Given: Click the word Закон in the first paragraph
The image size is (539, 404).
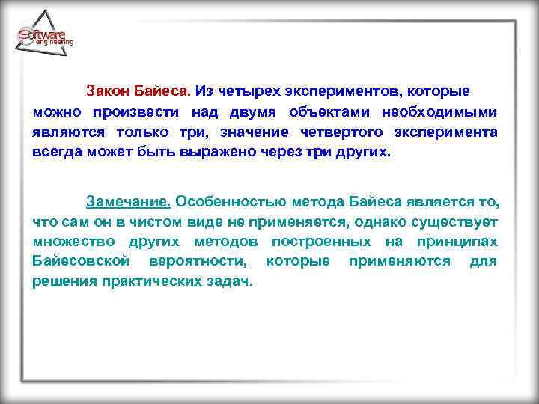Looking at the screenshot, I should [x=109, y=91].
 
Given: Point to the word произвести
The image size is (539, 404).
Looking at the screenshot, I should [x=136, y=112].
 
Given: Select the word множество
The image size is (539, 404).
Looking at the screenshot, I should [x=74, y=242].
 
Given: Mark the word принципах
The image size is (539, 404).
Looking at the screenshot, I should [x=457, y=242].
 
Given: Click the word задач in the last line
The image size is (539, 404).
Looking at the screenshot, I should [x=231, y=281].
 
